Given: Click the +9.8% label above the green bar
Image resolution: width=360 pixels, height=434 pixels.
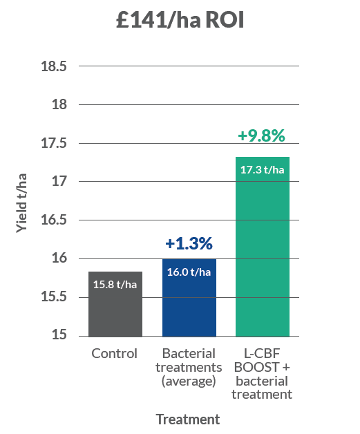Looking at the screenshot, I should [261, 136].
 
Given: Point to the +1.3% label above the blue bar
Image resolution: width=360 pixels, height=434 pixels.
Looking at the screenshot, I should [189, 243].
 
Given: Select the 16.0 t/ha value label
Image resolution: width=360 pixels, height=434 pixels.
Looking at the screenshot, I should [189, 272].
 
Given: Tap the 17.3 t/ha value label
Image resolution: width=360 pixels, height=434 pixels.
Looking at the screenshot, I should [262, 169].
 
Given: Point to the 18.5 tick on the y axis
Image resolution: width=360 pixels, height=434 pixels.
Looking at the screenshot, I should [53, 67].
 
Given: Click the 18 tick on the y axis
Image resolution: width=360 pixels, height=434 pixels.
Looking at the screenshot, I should [59, 105].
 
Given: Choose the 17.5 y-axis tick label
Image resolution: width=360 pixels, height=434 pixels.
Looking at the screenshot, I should [53, 144].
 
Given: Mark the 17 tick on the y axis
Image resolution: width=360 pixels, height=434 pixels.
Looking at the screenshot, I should [59, 182].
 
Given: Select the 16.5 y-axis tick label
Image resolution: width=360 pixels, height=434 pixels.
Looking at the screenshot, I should [53, 220].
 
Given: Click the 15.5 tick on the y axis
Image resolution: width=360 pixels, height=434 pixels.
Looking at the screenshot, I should [53, 297].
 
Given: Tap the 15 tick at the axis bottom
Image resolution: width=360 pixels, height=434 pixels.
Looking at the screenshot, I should [59, 336].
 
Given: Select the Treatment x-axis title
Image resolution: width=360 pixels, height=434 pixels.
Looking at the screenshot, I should [188, 419].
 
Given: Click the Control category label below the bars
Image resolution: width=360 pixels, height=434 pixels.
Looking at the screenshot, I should [115, 353].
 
